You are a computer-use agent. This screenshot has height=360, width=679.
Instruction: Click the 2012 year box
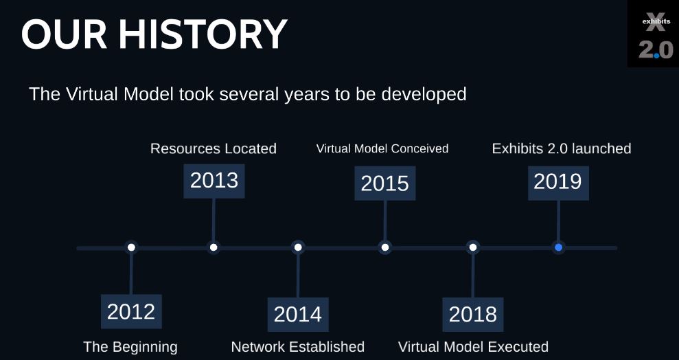coord(131,311)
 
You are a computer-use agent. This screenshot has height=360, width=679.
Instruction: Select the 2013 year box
coord(214,181)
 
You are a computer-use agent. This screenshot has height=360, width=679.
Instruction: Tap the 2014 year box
coord(298,315)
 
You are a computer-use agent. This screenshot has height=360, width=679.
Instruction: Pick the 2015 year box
coord(385,183)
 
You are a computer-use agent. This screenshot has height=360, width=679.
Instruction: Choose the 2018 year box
coord(473,315)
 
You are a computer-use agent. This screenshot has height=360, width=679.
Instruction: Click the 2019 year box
coord(558,183)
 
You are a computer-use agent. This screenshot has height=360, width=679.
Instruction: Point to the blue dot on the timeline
coord(558,247)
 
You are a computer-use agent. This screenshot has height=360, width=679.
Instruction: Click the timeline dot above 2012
coord(131,247)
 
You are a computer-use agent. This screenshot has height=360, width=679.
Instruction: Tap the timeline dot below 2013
coord(214,247)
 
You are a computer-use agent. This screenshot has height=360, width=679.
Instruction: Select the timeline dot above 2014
coord(298,247)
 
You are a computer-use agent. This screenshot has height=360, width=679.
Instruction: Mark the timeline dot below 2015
coord(385,247)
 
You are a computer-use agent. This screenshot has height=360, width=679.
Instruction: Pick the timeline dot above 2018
coord(473,247)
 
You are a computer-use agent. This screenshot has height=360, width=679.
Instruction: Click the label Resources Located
coord(213,148)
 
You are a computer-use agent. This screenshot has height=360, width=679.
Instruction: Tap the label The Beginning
coord(130,347)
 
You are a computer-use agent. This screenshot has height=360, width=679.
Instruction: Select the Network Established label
coord(298,347)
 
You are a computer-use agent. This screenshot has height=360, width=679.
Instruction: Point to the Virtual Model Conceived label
coord(382,148)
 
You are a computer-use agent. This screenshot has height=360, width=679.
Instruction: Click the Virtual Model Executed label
coord(473,347)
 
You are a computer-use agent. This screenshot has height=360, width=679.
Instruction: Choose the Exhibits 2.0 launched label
coord(562,148)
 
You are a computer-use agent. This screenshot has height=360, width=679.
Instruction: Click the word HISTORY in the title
coord(203,34)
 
